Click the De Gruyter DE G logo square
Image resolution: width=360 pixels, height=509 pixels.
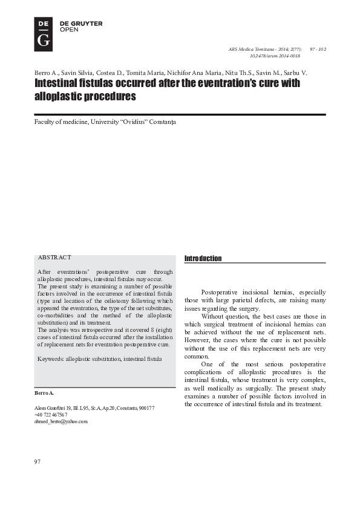tap(43, 33)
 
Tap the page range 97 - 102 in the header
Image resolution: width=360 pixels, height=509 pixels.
tap(318, 48)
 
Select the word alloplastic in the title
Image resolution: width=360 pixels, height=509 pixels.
tap(56, 97)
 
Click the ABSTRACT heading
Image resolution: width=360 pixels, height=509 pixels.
tap(54, 258)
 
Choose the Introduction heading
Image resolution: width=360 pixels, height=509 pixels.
tap(203, 259)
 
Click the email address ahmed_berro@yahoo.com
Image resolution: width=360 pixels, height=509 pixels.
tap(61, 421)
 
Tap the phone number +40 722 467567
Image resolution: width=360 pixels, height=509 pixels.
tap(51, 415)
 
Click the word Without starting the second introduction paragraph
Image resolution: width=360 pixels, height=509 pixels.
tap(212, 316)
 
